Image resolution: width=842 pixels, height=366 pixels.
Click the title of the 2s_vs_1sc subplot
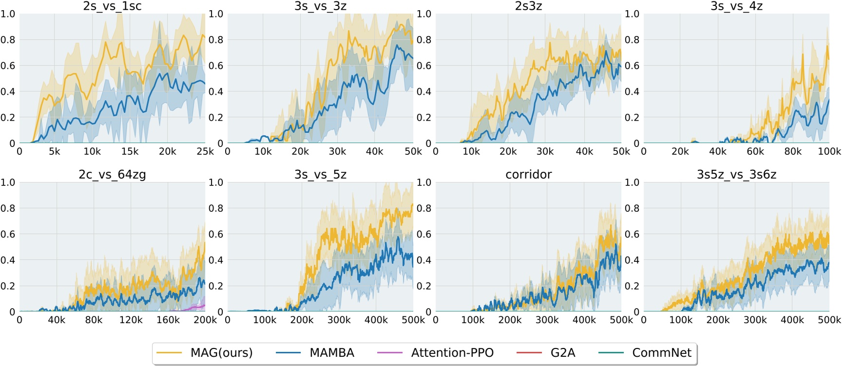pyautogui.click(x=112, y=6)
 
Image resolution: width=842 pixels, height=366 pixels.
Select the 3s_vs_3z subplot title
pyautogui.click(x=320, y=6)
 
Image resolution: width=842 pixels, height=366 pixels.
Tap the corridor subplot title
pyautogui.click(x=528, y=174)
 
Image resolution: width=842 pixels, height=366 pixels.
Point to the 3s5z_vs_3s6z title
pyautogui.click(x=736, y=174)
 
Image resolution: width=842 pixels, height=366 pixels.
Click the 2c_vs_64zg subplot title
pyautogui.click(x=112, y=174)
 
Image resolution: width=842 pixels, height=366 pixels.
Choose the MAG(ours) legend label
pyautogui.click(x=221, y=353)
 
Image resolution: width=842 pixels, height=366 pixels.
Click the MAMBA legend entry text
pyautogui.click(x=332, y=353)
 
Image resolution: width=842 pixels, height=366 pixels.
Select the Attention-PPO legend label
pyautogui.click(x=452, y=353)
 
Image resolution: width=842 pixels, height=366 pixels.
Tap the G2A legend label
pyautogui.click(x=563, y=353)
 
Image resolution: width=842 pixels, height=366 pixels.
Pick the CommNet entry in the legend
pyautogui.click(x=661, y=353)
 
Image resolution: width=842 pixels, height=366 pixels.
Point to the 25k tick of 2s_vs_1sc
pyautogui.click(x=205, y=151)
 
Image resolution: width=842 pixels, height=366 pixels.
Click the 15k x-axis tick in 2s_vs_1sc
pyautogui.click(x=130, y=151)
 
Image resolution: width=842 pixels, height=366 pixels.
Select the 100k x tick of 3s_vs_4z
pyautogui.click(x=829, y=151)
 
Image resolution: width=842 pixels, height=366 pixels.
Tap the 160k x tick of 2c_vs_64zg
pyautogui.click(x=168, y=320)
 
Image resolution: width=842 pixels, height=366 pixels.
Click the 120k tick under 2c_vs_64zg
pyautogui.click(x=131, y=320)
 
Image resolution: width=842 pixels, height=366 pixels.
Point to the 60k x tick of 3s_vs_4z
pyautogui.click(x=755, y=151)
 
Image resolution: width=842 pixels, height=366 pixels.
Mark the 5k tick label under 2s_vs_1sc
pyautogui.click(x=55, y=151)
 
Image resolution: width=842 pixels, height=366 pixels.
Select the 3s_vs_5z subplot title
pyautogui.click(x=320, y=174)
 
